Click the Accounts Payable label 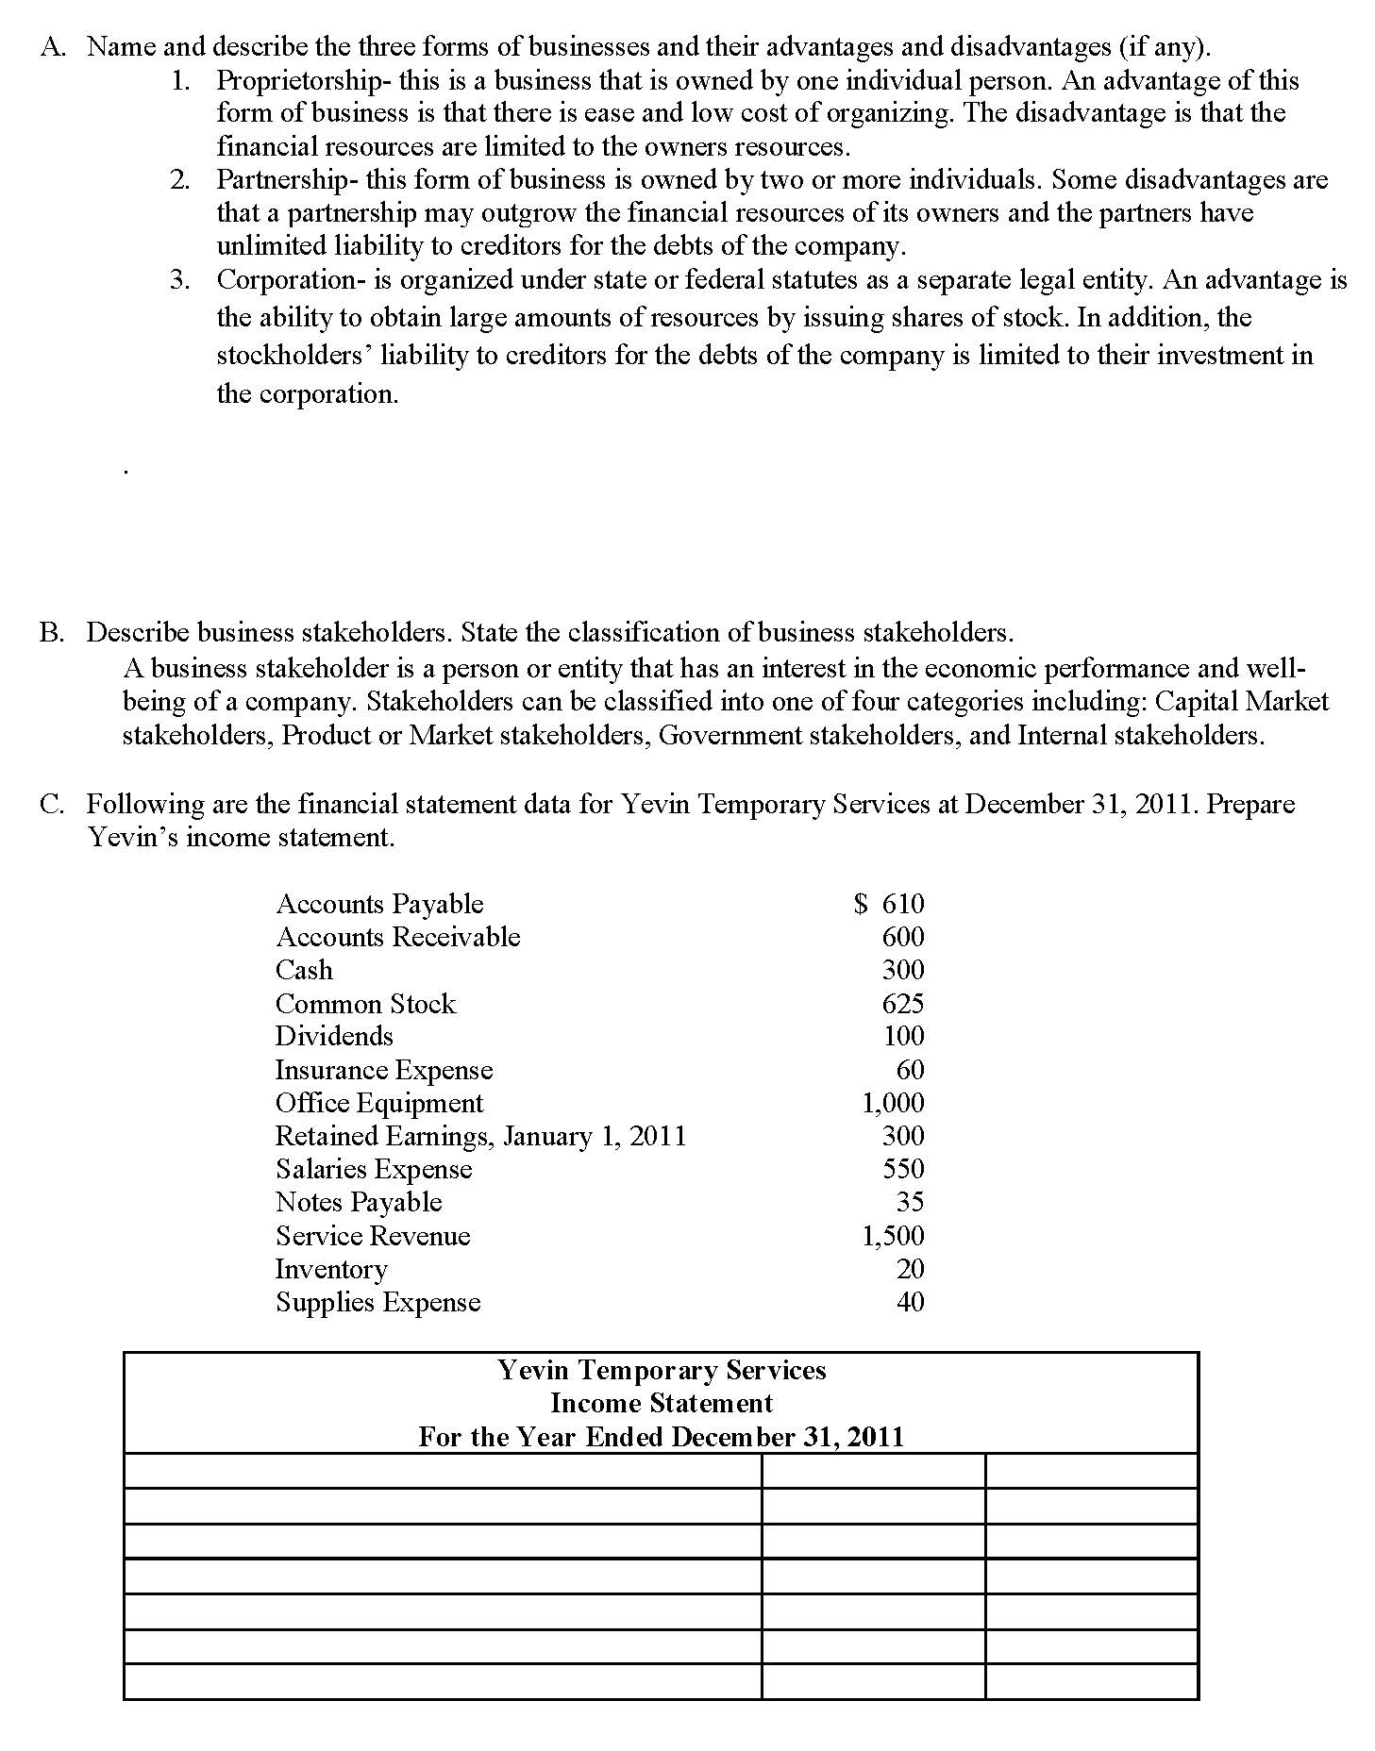click(379, 904)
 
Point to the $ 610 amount click(889, 904)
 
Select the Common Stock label click(365, 1004)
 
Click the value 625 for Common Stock click(903, 1004)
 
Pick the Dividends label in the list click(334, 1036)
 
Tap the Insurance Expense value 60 click(911, 1070)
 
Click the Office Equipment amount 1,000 click(893, 1103)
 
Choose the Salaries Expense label click(374, 1169)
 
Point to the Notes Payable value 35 click(911, 1202)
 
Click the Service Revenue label click(373, 1236)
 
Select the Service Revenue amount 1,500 click(893, 1236)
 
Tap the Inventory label click(331, 1270)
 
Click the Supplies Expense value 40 click(911, 1302)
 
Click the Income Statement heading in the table click(661, 1403)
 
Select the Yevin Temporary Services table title click(661, 1370)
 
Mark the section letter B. click(50, 632)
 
